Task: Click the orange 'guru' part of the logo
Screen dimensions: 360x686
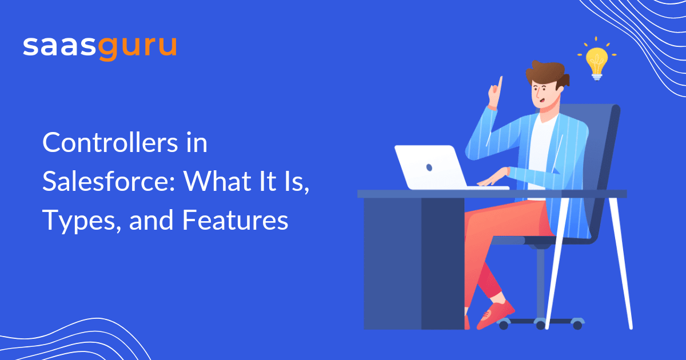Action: click(x=138, y=47)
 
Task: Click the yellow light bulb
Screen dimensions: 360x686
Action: click(x=597, y=59)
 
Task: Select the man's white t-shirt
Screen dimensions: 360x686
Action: click(x=541, y=143)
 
